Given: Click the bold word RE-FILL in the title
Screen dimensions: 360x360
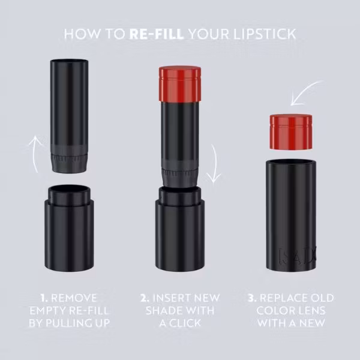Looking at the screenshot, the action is [157, 34].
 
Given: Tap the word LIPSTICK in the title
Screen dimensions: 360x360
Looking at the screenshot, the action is [265, 34].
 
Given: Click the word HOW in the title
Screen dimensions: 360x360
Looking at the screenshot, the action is [82, 34].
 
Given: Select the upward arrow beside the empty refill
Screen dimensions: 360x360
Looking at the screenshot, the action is [35, 154].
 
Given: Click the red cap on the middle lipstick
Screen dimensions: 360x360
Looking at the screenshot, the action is [180, 83].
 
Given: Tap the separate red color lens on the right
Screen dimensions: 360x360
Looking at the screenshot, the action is [291, 132].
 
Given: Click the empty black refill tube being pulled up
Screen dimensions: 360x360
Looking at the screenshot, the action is [69, 116].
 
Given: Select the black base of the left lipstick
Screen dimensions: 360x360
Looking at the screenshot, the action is [69, 228].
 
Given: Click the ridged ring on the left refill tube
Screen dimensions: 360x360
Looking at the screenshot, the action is [69, 158].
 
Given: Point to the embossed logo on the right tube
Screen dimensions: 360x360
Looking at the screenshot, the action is [297, 256].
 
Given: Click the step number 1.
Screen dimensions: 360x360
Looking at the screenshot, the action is [44, 298].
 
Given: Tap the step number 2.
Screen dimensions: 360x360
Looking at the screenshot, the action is [145, 298].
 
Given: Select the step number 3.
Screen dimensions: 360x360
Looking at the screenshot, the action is [253, 298].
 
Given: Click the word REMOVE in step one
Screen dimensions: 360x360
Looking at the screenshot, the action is [74, 298].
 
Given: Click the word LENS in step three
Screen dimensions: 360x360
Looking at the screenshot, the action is [310, 311].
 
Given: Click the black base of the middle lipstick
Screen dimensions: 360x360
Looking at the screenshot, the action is [180, 229].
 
